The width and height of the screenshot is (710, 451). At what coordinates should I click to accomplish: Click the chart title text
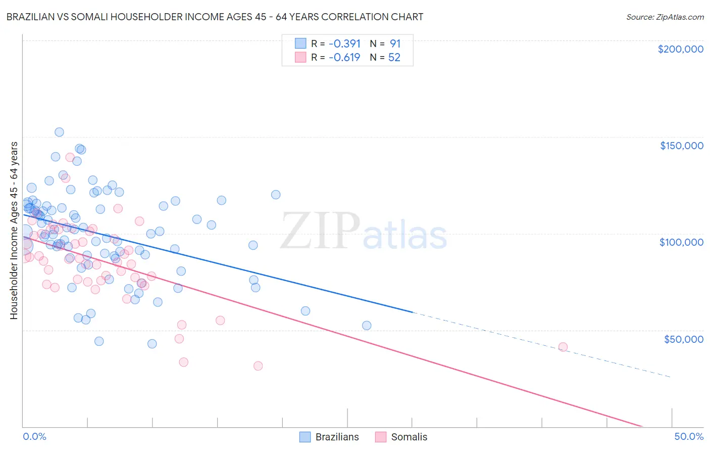pyautogui.click(x=215, y=17)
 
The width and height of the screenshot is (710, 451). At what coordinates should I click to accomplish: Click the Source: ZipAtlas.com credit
pyautogui.click(x=665, y=17)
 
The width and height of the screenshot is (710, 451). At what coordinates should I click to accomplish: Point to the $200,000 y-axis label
pyautogui.click(x=680, y=49)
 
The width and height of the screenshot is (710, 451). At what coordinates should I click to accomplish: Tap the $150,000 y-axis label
pyautogui.click(x=681, y=146)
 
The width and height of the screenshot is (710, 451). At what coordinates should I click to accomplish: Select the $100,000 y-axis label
pyautogui.click(x=681, y=242)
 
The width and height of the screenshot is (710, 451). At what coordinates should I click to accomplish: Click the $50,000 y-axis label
pyautogui.click(x=683, y=339)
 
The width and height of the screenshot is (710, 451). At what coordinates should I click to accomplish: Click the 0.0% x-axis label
pyautogui.click(x=34, y=436)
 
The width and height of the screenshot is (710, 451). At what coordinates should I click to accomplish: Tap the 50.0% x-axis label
pyautogui.click(x=688, y=436)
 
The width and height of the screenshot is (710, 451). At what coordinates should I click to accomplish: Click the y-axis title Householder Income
pyautogui.click(x=14, y=230)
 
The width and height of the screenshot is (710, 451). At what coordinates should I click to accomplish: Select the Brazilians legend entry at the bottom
pyautogui.click(x=329, y=437)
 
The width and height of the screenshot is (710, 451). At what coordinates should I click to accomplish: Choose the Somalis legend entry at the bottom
pyautogui.click(x=401, y=437)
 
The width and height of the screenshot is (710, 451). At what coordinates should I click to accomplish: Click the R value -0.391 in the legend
pyautogui.click(x=344, y=44)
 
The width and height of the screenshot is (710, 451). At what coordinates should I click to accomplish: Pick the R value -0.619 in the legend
pyautogui.click(x=344, y=58)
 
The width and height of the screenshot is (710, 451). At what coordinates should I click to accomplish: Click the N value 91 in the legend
pyautogui.click(x=395, y=44)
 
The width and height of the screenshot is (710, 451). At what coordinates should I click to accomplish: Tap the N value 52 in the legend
pyautogui.click(x=394, y=58)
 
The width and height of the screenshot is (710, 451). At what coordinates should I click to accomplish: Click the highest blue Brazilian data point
pyautogui.click(x=59, y=132)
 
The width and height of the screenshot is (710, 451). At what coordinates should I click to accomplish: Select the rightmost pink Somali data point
pyautogui.click(x=563, y=347)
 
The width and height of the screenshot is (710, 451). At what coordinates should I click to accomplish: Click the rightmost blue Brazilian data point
pyautogui.click(x=367, y=326)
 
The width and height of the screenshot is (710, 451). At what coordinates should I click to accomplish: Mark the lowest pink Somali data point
pyautogui.click(x=258, y=366)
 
